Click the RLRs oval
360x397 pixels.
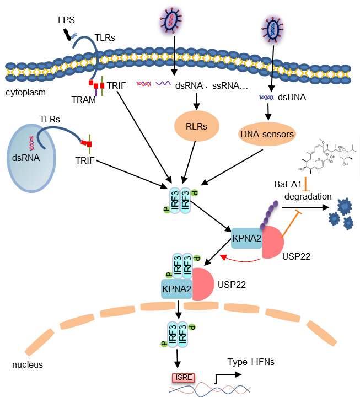click(197, 126)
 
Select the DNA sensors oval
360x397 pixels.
click(266, 134)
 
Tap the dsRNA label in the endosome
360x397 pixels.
click(25, 158)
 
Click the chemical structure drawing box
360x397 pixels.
click(327, 156)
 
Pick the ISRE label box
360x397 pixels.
click(182, 378)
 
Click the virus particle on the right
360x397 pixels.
click(273, 29)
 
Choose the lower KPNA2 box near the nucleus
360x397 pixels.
click(176, 288)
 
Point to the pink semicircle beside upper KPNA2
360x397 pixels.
click(272, 243)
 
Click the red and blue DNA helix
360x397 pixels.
click(209, 389)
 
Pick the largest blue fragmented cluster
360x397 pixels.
click(345, 206)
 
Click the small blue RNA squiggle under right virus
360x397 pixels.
click(267, 98)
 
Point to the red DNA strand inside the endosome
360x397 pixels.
click(34, 143)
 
